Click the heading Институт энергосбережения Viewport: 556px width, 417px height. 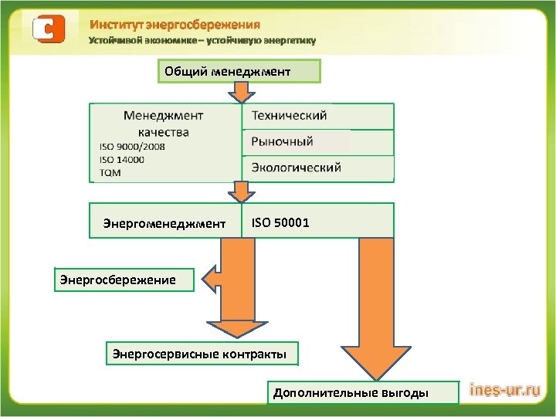point(175,25)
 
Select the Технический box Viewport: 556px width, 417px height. point(317,116)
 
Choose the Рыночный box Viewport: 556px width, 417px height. point(317,142)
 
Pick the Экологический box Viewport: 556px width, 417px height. point(317,168)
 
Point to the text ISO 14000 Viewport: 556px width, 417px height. point(121,159)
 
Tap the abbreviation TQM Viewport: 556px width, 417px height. point(110,172)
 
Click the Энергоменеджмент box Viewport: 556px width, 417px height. point(165,223)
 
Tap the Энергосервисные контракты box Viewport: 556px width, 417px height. point(200,354)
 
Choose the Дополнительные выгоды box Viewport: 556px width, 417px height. point(350,392)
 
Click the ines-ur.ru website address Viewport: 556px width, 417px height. point(504,392)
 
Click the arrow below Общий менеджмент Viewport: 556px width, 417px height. point(242,92)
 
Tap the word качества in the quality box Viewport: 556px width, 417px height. point(164,131)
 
